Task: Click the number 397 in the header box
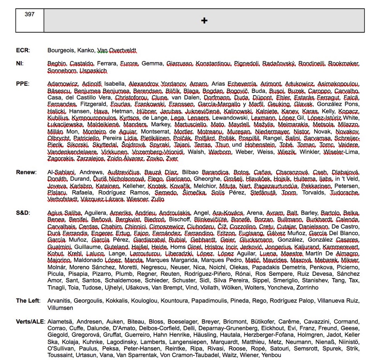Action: tap(29, 14)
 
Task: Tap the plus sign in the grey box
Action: tap(204, 20)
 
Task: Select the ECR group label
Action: tap(23, 50)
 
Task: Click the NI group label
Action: tap(20, 63)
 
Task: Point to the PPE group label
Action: tap(23, 84)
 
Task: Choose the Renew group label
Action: tap(26, 172)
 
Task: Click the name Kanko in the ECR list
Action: tap(87, 50)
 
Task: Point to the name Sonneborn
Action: tap(62, 71)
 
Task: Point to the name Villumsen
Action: tap(60, 308)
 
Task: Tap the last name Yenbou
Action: tap(271, 355)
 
